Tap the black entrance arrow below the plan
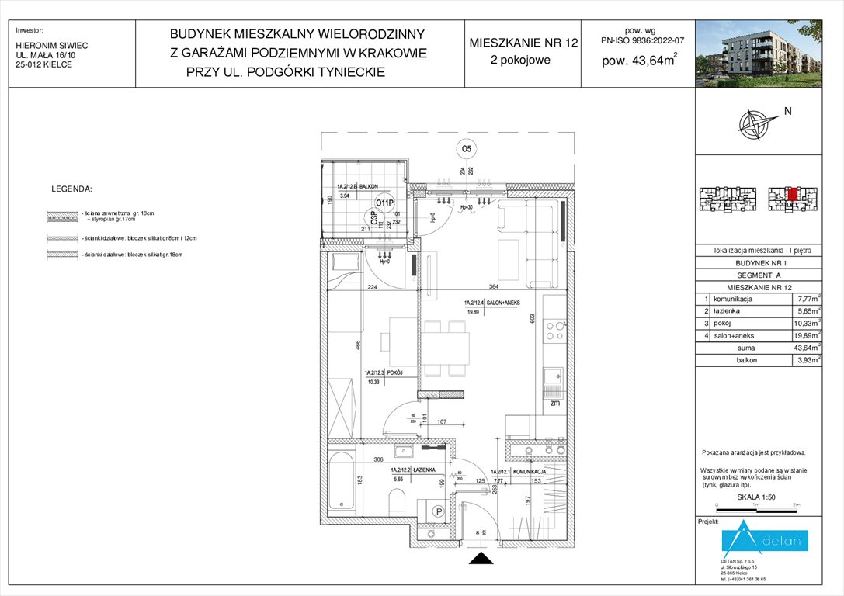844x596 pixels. tap(481, 558)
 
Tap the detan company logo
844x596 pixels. tap(765, 540)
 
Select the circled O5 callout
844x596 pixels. tap(467, 148)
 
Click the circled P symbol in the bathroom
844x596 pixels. tap(437, 511)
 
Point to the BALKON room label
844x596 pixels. tap(367, 186)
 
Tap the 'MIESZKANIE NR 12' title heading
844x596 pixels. tap(523, 43)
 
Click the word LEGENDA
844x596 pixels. tap(71, 189)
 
